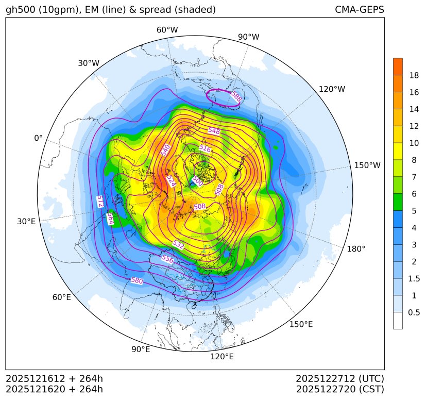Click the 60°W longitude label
coord(167,30)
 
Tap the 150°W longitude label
coord(367,165)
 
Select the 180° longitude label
coord(356,249)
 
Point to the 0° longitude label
coord(38,138)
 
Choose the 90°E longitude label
coord(141,349)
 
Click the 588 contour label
coord(236,96)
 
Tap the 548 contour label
coord(214,131)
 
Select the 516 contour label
coord(205,148)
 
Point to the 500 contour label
coord(197,181)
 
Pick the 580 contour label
coord(137,281)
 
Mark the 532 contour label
coord(178,244)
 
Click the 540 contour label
coord(165,150)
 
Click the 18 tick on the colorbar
coord(414,76)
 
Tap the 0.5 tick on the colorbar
coord(414,312)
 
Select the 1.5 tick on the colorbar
coord(414,278)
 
